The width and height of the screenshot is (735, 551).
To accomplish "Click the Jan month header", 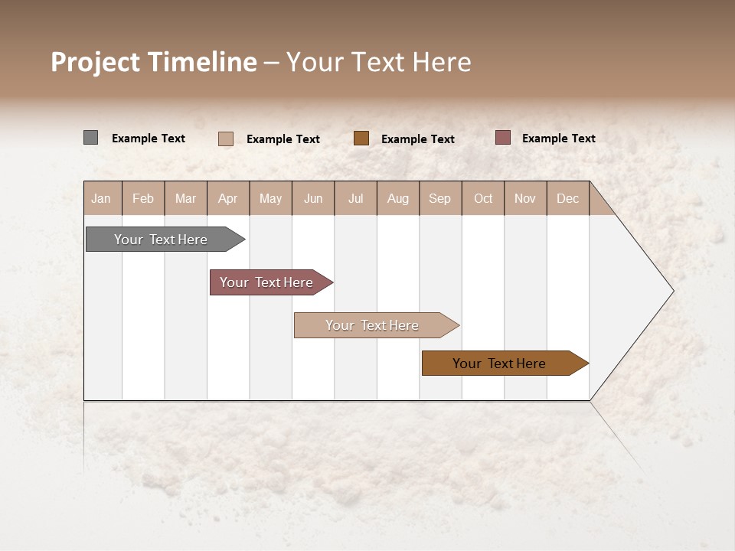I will point(102,198).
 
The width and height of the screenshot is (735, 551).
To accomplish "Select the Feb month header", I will point(143,198).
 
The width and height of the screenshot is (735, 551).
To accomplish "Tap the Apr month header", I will point(228,198).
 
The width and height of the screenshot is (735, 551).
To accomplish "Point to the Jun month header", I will point(313,198).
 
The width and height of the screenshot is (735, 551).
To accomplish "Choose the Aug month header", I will point(398,198).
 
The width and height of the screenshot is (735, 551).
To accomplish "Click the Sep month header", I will point(440,198).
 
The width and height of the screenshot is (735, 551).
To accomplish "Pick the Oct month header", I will point(483,198).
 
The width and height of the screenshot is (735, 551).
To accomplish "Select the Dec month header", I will point(568,198).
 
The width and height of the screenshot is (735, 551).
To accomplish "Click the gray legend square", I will point(90,138).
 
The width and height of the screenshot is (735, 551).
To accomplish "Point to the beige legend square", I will point(225,139).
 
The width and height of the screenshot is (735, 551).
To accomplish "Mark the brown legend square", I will point(361,138).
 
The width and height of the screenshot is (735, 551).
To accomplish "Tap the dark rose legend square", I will point(502,138).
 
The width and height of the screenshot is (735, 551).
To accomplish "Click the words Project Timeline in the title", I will point(153,62).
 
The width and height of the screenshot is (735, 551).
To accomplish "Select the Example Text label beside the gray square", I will point(149,139).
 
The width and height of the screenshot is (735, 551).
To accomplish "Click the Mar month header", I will point(185,198).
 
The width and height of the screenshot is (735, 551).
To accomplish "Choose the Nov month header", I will point(525,198).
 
